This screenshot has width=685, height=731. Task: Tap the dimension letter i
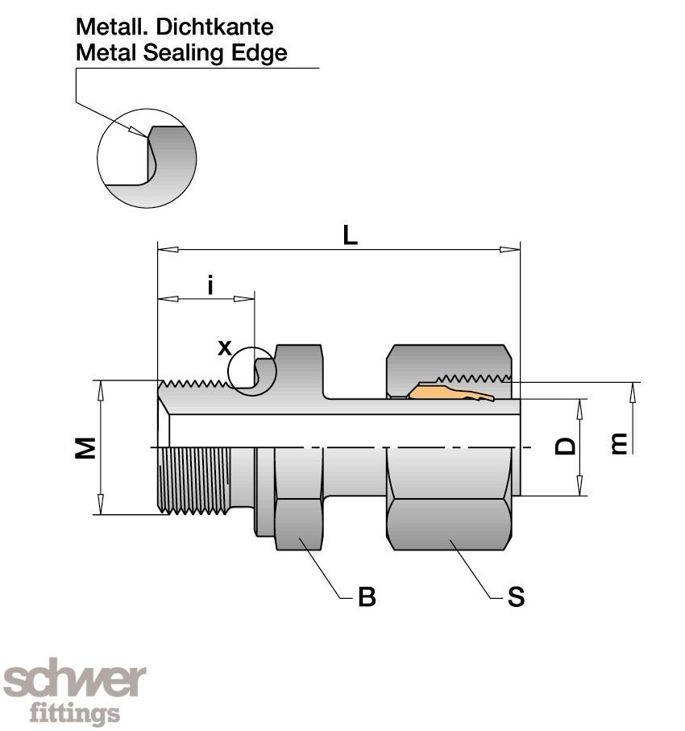[210, 285]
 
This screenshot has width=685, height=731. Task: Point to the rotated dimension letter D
[567, 446]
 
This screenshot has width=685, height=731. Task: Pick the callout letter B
[367, 597]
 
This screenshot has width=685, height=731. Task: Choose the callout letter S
[516, 597]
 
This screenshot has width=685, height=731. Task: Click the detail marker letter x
[225, 347]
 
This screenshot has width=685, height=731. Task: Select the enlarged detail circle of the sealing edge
[147, 159]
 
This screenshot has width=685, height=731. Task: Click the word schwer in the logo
[75, 682]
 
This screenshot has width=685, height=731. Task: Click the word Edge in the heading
[262, 54]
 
